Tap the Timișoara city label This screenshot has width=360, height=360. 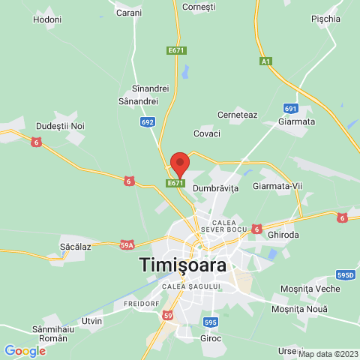pyautogui.click(x=183, y=265)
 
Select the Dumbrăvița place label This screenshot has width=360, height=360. pyautogui.click(x=215, y=187)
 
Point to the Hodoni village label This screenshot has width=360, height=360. pyautogui.click(x=47, y=17)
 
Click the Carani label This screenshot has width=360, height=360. pyautogui.click(x=129, y=13)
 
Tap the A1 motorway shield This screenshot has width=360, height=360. pyautogui.click(x=265, y=61)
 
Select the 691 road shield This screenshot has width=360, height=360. pyautogui.click(x=291, y=108)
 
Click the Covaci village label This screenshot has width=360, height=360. pyautogui.click(x=207, y=133)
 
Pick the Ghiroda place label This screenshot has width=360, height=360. pyautogui.click(x=283, y=234)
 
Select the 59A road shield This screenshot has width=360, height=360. pyautogui.click(x=127, y=244)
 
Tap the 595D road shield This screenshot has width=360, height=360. pyautogui.click(x=345, y=275)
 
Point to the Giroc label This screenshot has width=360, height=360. pyautogui.click(x=211, y=338)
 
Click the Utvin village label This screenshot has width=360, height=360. pyautogui.click(x=91, y=321)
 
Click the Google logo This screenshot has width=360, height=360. pyautogui.click(x=25, y=350)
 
